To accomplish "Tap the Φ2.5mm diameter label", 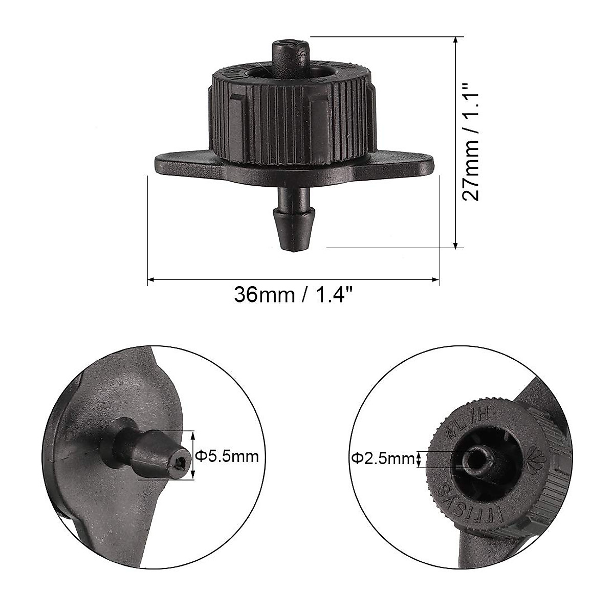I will point(383,459).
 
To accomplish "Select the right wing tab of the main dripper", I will point(404,164).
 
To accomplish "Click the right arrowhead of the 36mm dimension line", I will point(436,279).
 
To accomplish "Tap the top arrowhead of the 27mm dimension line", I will point(455,40).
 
